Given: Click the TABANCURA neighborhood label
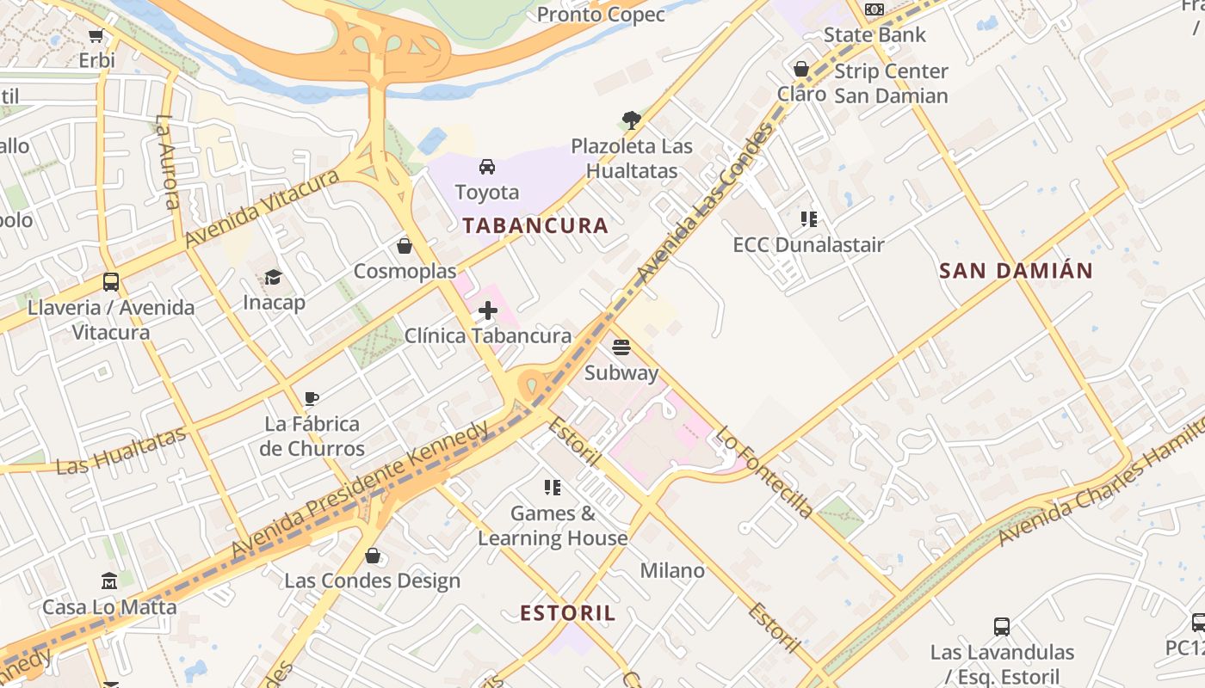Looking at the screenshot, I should click(535, 226).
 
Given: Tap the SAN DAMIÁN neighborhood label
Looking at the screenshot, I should click(1016, 271).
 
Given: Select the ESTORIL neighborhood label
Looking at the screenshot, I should click(568, 613).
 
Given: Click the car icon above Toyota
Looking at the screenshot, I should click(487, 167).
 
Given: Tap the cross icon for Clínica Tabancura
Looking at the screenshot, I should click(488, 310).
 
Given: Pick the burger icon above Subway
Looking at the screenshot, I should click(621, 347).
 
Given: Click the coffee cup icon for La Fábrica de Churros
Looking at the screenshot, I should click(312, 398).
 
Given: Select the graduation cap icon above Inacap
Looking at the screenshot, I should click(273, 277).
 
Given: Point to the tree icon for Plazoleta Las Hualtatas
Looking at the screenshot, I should click(632, 120).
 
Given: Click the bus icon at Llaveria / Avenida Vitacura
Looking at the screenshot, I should click(111, 281).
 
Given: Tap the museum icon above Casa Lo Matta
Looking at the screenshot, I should click(109, 581).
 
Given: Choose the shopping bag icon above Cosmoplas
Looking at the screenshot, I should click(405, 247).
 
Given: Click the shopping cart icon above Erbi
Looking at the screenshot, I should click(96, 36).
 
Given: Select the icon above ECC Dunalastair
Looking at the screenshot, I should click(808, 219).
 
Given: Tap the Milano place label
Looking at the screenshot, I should click(672, 571).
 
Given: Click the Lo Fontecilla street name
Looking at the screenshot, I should click(764, 472).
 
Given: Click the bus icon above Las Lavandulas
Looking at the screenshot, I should click(1002, 626).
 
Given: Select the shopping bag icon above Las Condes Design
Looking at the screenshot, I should click(373, 556).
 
